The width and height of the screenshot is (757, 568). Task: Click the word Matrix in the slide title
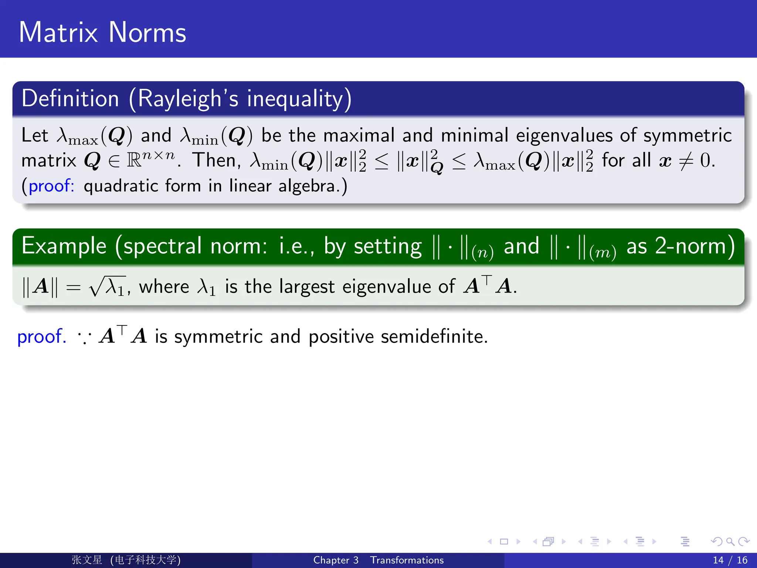point(58,33)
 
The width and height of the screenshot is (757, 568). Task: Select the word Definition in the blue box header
point(70,99)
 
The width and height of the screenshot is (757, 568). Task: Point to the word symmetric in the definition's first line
point(687,135)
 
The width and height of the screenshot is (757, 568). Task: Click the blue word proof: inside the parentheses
point(51,186)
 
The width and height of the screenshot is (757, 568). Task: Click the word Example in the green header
point(64,246)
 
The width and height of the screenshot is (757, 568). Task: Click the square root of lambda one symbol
point(107,287)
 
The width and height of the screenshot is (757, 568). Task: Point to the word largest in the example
point(307,287)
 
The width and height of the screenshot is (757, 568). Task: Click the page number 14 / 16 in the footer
point(730,560)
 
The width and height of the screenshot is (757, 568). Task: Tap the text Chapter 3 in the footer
point(336,560)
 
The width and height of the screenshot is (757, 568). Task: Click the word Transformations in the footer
point(407,560)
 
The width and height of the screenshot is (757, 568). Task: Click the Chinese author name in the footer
point(87,560)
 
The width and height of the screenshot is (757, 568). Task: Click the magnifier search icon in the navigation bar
point(730,542)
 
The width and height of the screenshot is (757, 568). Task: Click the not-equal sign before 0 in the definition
point(686,161)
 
